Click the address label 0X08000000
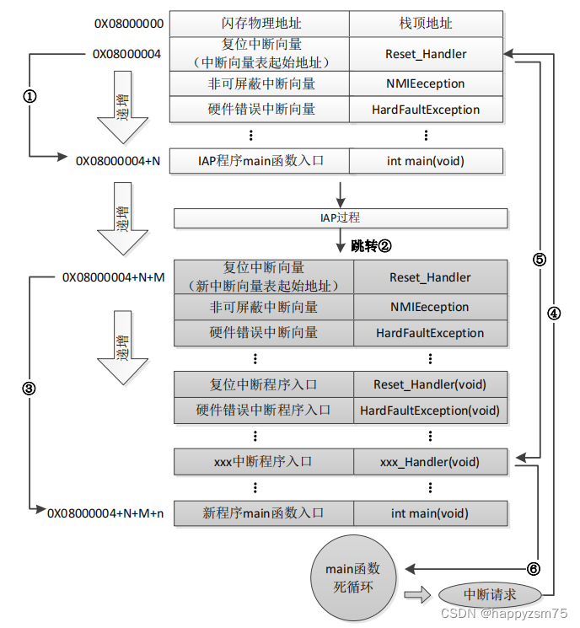[129, 24]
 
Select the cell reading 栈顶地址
[425, 24]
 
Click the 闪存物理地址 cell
[260, 24]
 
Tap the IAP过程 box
[341, 218]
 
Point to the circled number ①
[30, 96]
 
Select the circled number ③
[30, 389]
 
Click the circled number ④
[554, 312]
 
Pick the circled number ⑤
[540, 260]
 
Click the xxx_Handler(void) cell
[429, 462]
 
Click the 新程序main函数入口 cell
[263, 513]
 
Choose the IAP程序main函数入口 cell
[260, 161]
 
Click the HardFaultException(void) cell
[429, 411]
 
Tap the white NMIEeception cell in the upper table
[425, 83]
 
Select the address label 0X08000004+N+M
[114, 277]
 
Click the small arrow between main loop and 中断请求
[416, 595]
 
